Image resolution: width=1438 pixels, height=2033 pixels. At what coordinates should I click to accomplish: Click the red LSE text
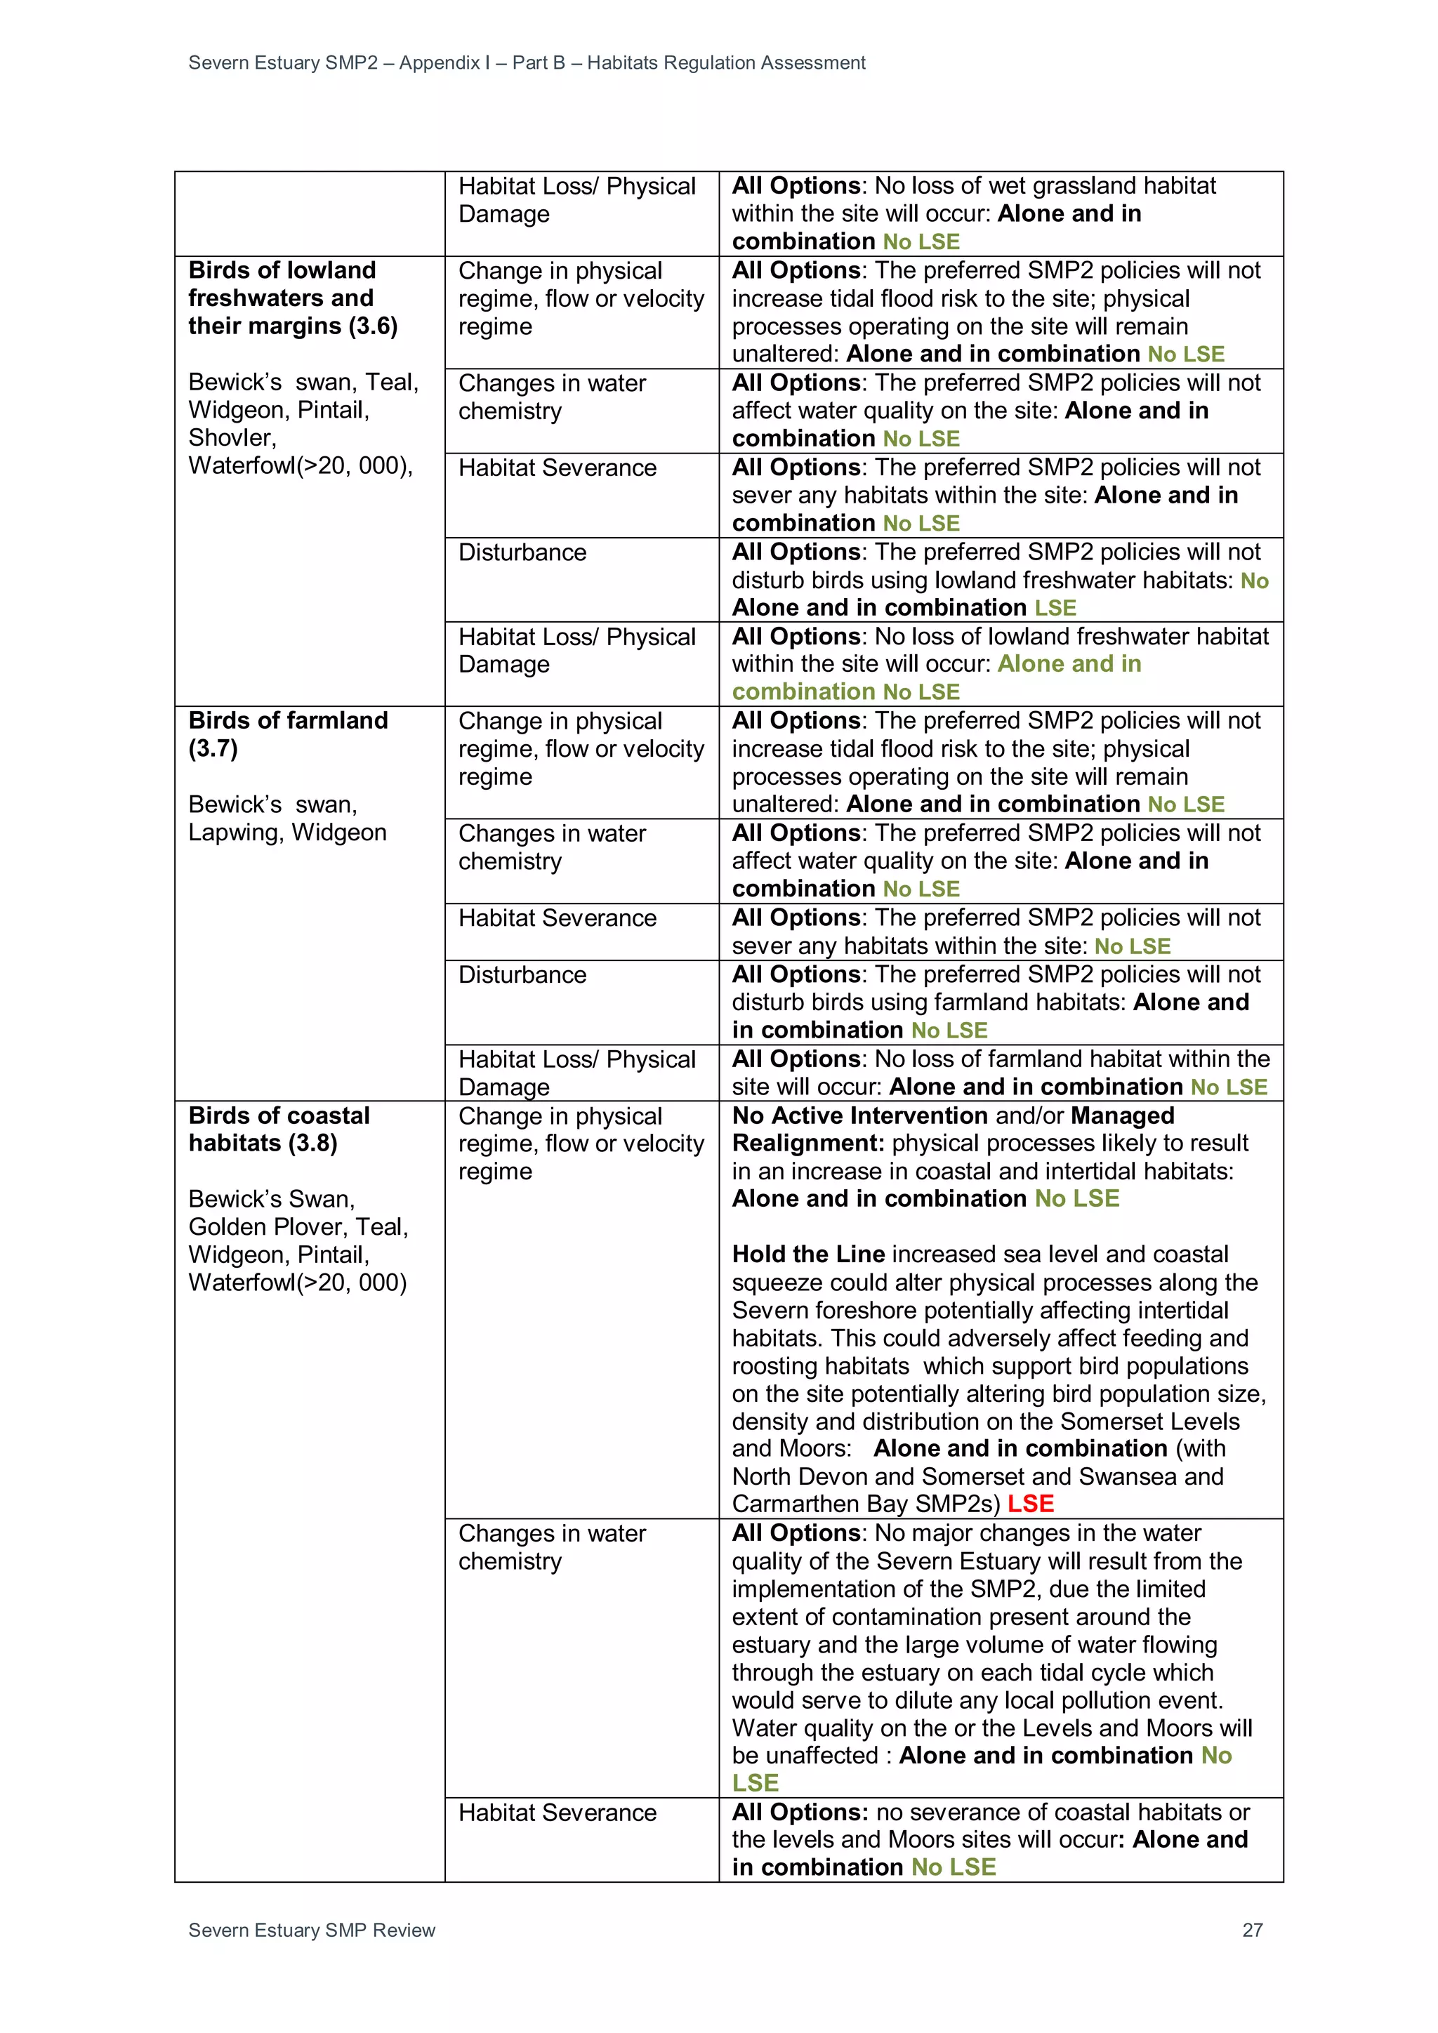point(1031,1504)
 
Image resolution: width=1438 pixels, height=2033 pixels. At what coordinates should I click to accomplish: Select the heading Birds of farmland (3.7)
point(288,734)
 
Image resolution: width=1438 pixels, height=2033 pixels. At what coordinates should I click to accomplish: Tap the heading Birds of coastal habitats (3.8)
point(279,1129)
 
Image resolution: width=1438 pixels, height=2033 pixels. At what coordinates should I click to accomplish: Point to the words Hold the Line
point(808,1254)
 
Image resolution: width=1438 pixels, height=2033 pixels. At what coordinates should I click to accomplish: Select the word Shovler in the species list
point(232,437)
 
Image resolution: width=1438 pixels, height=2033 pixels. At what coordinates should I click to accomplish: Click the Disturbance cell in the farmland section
point(522,975)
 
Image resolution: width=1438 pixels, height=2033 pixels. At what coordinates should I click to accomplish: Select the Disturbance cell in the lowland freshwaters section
point(522,552)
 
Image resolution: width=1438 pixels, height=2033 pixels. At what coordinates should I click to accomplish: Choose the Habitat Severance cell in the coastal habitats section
point(557,1813)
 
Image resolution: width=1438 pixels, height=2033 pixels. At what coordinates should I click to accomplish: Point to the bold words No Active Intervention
point(859,1115)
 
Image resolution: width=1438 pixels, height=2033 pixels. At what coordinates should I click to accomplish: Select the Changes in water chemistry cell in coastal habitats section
point(552,1547)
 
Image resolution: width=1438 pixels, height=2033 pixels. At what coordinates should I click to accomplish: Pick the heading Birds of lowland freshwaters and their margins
point(292,298)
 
